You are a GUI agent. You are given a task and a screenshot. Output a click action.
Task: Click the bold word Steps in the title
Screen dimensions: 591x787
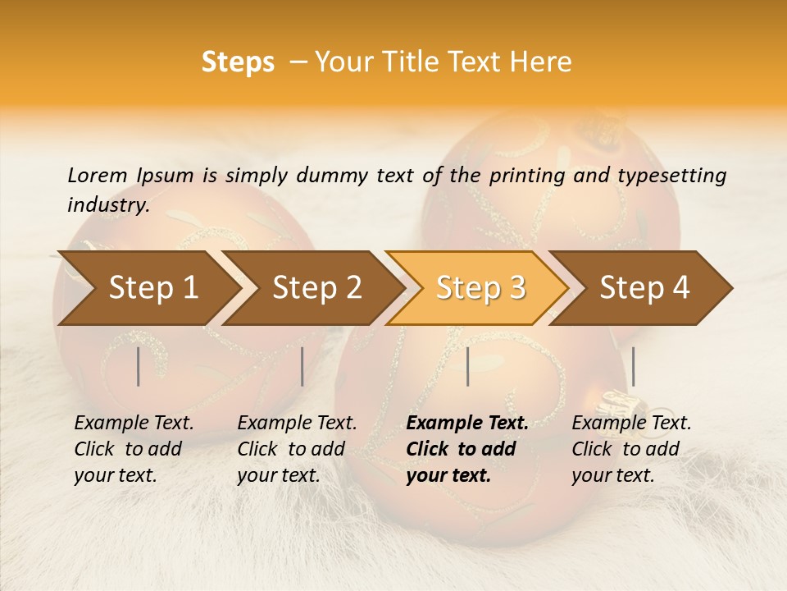coord(238,62)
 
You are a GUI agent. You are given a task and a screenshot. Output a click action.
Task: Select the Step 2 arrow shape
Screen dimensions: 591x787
coord(316,288)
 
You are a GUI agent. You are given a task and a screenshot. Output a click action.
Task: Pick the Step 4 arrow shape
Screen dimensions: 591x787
coord(644,288)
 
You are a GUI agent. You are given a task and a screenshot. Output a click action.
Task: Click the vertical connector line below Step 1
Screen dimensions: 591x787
coord(139,366)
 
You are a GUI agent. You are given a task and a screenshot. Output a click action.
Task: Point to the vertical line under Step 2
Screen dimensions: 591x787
coord(303,366)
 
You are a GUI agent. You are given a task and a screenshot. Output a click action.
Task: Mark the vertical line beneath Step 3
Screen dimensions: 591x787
coord(468,366)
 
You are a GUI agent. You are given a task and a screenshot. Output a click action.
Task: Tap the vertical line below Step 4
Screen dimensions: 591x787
coord(633,366)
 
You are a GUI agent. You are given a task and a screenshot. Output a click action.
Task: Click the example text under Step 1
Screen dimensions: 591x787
coord(134,449)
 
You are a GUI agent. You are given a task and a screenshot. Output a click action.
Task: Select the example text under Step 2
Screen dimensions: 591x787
coord(297,449)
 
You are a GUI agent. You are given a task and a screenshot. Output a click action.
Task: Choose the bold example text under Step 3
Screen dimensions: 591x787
coord(466,449)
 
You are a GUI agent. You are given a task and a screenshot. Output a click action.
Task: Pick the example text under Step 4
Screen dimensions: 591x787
coord(631,449)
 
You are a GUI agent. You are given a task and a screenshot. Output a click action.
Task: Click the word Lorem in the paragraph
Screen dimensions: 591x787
coord(98,175)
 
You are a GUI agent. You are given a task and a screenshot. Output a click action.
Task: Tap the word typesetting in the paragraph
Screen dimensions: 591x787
coord(674,175)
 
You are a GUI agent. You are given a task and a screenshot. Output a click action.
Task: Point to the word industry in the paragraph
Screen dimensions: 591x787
coord(108,204)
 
